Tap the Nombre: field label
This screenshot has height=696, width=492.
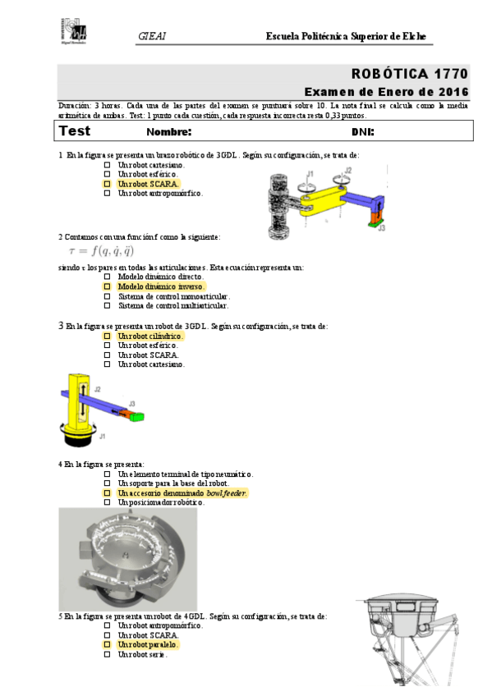168,132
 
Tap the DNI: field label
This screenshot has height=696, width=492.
362,132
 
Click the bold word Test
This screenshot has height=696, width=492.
75,131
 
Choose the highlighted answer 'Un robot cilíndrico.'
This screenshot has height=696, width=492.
150,337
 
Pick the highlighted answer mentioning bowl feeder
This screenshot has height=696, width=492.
182,493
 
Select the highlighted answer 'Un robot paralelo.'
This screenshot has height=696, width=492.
148,645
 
